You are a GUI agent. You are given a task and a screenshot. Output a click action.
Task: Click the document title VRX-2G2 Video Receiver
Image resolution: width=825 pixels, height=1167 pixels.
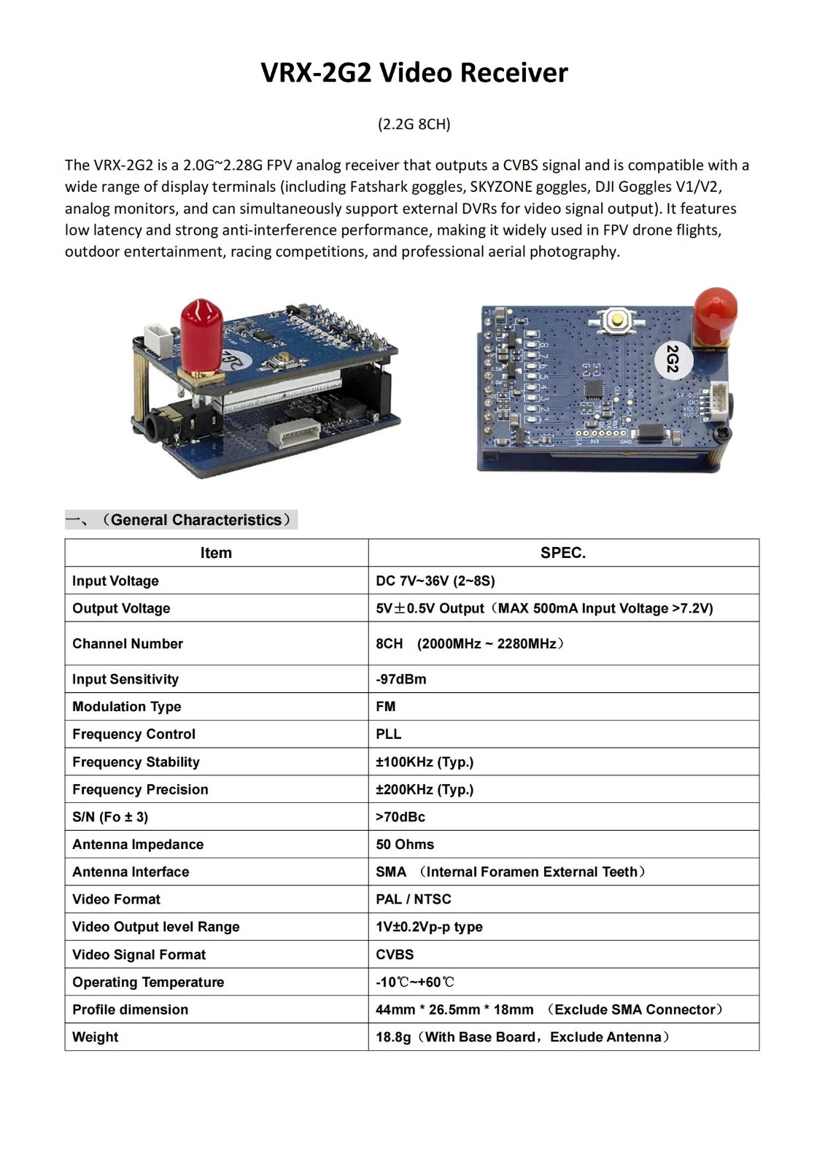pyautogui.click(x=414, y=73)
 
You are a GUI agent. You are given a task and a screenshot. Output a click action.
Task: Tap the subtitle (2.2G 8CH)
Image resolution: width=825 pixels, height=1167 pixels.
pyautogui.click(x=414, y=124)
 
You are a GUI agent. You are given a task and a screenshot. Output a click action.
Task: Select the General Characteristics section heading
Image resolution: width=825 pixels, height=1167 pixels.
pyautogui.click(x=195, y=520)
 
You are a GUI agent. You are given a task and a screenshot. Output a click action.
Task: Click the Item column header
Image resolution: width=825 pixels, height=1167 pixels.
pyautogui.click(x=216, y=553)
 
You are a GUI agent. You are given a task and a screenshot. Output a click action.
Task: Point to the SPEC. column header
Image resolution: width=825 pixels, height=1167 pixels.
pyautogui.click(x=562, y=553)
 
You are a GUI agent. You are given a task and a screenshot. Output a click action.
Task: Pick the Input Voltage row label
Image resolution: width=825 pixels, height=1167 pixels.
pyautogui.click(x=115, y=581)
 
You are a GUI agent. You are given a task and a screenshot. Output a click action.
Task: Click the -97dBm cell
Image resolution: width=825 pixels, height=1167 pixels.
pyautogui.click(x=401, y=679)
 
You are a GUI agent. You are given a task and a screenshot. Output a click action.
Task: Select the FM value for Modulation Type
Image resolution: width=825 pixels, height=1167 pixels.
pyautogui.click(x=386, y=706)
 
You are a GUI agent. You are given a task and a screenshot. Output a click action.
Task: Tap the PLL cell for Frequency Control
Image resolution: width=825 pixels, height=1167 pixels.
pyautogui.click(x=389, y=734)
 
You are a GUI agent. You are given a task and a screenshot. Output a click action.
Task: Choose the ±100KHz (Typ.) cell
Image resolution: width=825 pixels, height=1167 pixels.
pyautogui.click(x=425, y=761)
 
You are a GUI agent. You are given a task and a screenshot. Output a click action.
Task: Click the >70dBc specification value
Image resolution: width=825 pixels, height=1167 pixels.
pyautogui.click(x=400, y=817)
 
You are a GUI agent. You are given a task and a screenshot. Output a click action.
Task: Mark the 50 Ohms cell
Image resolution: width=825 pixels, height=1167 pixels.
pyautogui.click(x=405, y=844)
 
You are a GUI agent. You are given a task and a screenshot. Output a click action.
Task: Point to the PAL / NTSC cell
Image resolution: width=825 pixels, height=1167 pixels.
pyautogui.click(x=414, y=899)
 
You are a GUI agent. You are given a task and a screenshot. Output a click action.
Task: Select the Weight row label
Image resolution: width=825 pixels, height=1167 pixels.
pyautogui.click(x=96, y=1037)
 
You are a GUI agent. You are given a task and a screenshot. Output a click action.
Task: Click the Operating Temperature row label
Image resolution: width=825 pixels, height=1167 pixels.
pyautogui.click(x=148, y=982)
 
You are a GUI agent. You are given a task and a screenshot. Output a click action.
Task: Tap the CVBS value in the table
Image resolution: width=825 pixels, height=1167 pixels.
pyautogui.click(x=395, y=955)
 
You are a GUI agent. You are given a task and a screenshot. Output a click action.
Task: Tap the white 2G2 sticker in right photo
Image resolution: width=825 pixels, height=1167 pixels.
pyautogui.click(x=673, y=358)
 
